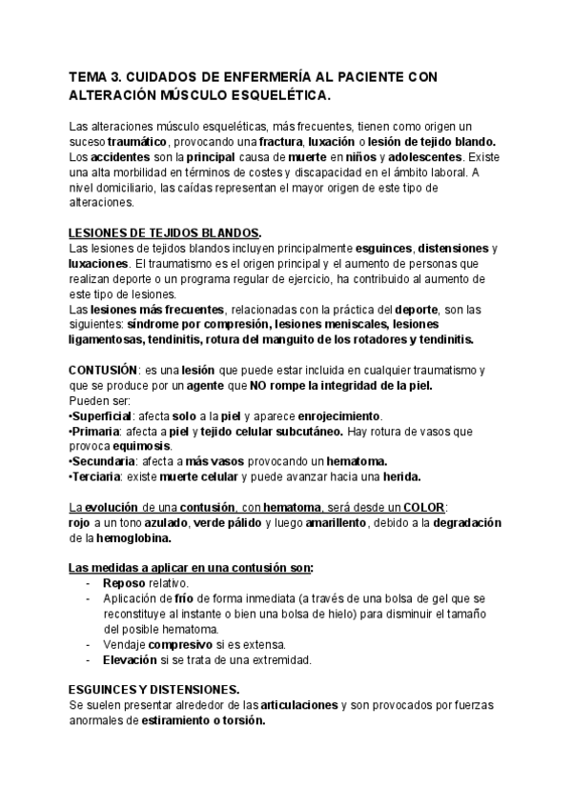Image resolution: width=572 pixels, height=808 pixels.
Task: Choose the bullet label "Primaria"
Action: click(x=96, y=432)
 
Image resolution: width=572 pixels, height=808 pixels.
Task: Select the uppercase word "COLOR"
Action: click(x=424, y=507)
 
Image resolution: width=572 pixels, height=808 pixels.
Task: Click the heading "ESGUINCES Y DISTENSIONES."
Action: click(x=154, y=690)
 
